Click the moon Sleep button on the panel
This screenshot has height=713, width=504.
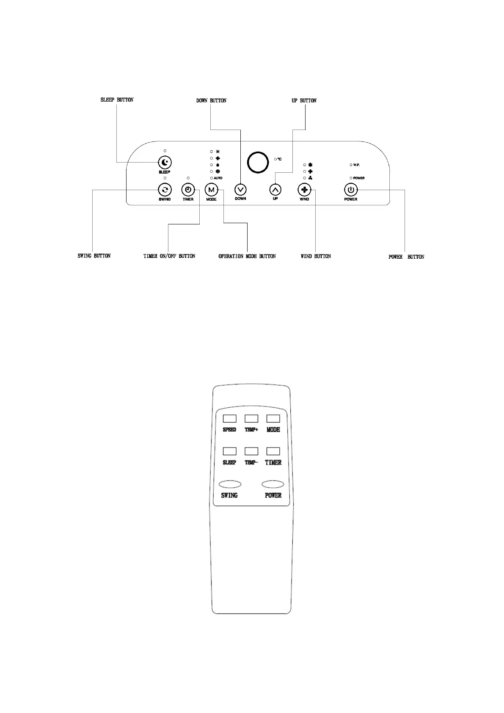point(165,163)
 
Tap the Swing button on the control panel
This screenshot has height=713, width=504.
point(165,190)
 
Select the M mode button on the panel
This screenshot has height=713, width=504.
point(211,190)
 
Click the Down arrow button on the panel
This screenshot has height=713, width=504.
point(240,190)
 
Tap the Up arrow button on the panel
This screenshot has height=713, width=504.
point(275,190)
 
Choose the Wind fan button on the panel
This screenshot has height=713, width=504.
point(304,190)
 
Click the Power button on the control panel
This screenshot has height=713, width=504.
point(351,190)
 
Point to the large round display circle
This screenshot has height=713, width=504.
point(258,163)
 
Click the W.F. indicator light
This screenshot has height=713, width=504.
point(351,165)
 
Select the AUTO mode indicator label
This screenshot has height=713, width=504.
point(218,178)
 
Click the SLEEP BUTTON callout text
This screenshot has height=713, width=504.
point(117,100)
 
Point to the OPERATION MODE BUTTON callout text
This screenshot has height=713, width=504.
point(247,256)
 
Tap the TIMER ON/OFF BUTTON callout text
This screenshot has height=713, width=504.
point(169,256)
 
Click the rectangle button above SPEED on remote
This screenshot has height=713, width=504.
point(229,419)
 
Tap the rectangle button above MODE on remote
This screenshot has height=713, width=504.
point(273,419)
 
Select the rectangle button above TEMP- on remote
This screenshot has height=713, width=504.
point(251,451)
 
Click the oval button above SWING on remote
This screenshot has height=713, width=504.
point(230,484)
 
